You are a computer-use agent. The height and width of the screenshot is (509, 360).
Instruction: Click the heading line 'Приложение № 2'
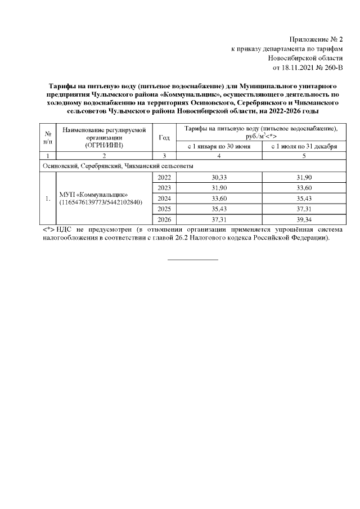[316, 39]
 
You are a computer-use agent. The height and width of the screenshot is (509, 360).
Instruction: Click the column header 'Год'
[165, 137]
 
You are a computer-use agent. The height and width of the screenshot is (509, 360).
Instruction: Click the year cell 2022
[165, 177]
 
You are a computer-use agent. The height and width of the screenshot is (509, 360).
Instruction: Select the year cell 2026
[165, 219]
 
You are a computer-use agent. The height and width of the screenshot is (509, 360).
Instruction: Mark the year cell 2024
[165, 198]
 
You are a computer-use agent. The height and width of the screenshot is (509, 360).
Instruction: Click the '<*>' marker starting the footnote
[48, 230]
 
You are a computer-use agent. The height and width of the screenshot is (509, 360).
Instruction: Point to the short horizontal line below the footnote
[193, 259]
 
